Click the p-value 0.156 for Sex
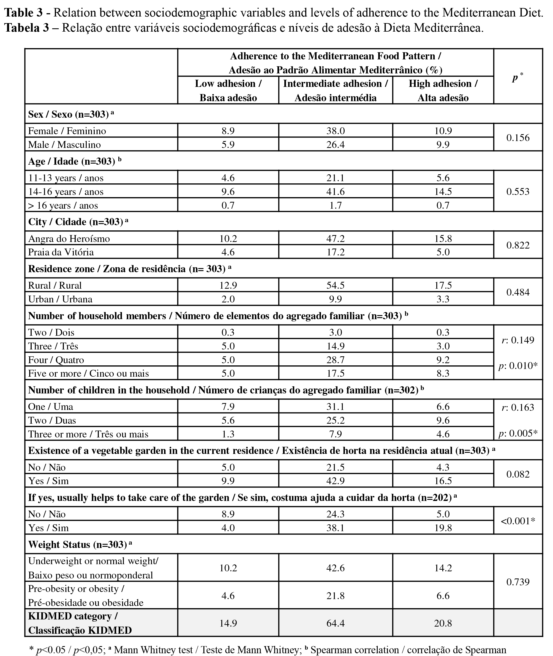(x=517, y=137)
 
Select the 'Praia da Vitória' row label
(x=61, y=252)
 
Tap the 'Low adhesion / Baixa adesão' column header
(x=228, y=90)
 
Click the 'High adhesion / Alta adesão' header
(x=443, y=90)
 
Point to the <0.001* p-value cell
(x=517, y=521)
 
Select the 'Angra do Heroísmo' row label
(x=69, y=239)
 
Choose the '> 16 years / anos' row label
(x=63, y=205)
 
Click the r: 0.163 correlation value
(x=517, y=407)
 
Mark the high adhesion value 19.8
(x=443, y=528)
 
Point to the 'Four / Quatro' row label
(x=56, y=360)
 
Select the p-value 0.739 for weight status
(x=517, y=582)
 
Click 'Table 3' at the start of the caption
(x=23, y=13)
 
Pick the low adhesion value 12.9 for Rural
(x=228, y=285)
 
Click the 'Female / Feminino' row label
(x=67, y=131)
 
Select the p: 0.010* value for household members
(x=517, y=365)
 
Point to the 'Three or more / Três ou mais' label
(x=88, y=434)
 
